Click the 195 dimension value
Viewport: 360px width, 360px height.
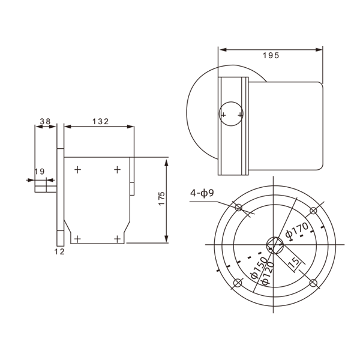click(x=271, y=55)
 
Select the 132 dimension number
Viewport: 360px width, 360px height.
click(x=100, y=121)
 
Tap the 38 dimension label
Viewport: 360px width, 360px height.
click(x=45, y=121)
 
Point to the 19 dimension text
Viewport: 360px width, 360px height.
click(x=40, y=172)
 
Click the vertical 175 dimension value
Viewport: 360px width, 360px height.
click(x=162, y=199)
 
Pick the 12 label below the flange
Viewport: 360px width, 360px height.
click(x=59, y=251)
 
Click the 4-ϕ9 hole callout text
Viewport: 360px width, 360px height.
click(x=202, y=193)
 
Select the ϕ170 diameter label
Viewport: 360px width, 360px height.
click(x=297, y=230)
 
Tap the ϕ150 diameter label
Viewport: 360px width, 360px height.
click(x=259, y=268)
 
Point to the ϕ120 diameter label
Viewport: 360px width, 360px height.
click(x=268, y=273)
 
